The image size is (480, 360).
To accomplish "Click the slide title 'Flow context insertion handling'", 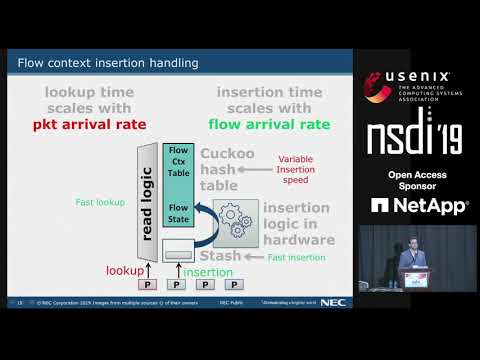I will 108,63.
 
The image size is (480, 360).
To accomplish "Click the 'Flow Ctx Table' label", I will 179,161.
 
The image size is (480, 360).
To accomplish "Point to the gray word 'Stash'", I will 221,256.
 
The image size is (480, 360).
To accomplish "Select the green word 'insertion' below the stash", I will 209,271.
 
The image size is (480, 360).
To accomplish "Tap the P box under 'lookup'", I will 147,285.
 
